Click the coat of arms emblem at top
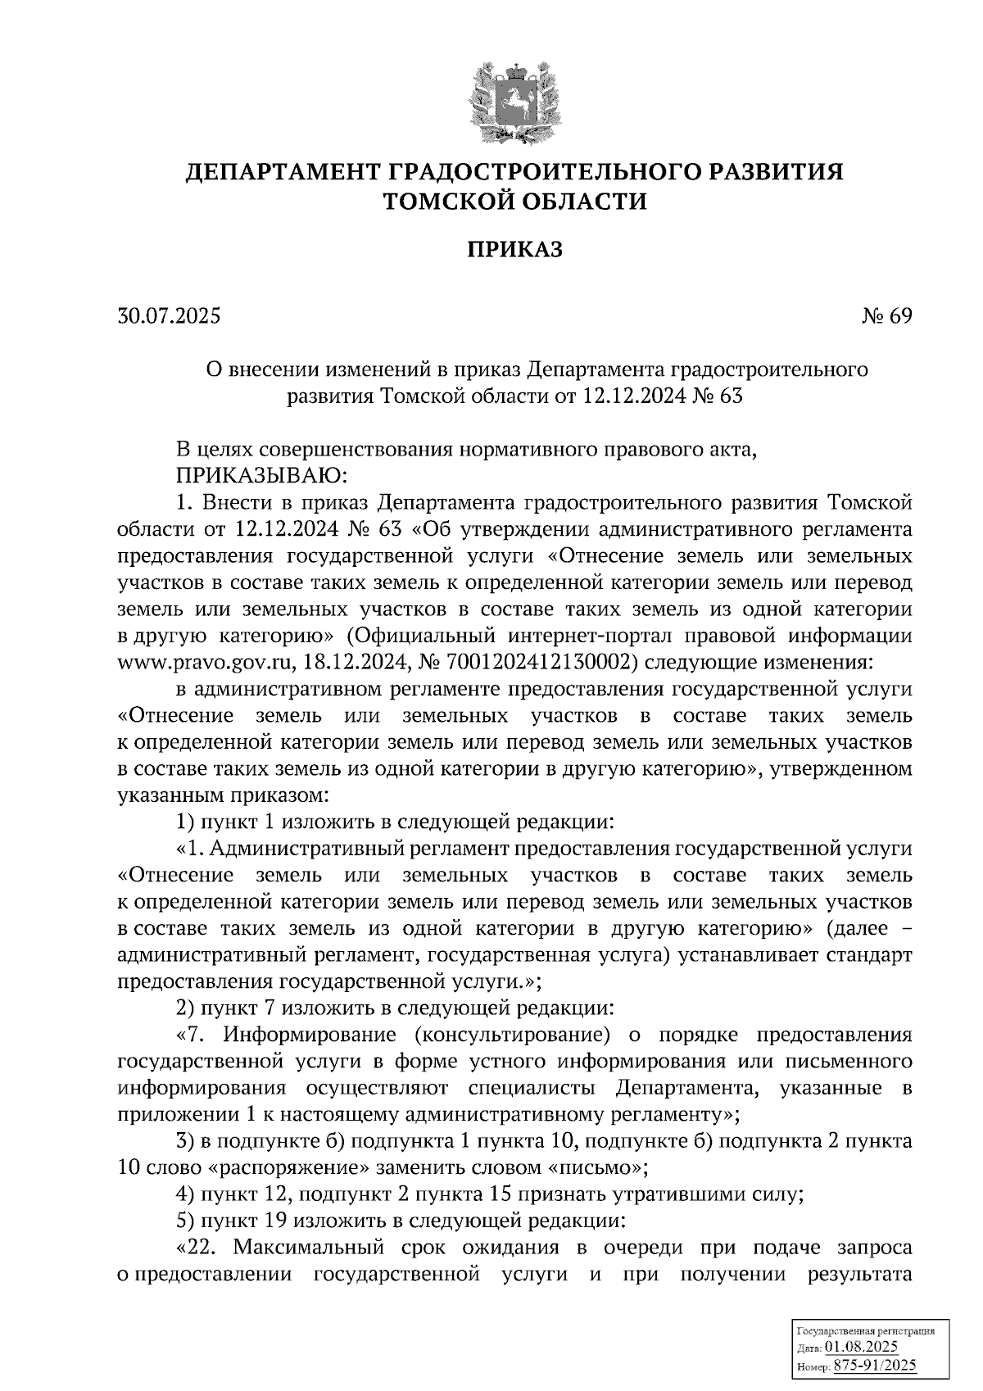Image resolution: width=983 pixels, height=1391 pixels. click(x=514, y=103)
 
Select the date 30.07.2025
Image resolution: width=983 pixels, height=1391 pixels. click(x=169, y=316)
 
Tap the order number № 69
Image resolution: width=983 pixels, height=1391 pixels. click(x=886, y=316)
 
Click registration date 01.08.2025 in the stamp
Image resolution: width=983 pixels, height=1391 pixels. click(x=861, y=1348)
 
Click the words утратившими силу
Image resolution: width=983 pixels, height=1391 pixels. click(x=704, y=1194)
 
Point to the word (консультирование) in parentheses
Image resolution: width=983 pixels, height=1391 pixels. click(x=513, y=1035)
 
